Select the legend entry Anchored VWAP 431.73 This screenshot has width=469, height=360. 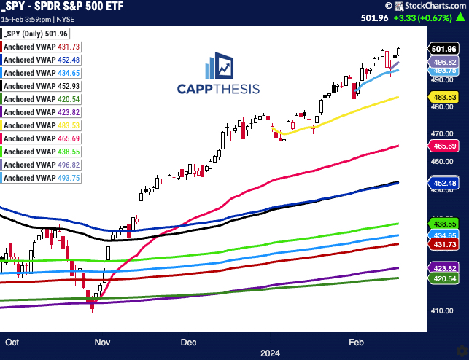point(42,47)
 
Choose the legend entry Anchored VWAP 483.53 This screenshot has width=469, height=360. point(42,125)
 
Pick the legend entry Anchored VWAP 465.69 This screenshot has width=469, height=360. point(42,138)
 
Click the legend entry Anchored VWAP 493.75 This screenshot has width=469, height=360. point(42,177)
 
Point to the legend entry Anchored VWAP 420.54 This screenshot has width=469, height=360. point(42,98)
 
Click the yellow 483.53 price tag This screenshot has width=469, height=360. point(444,97)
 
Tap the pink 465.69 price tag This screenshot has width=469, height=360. point(444,146)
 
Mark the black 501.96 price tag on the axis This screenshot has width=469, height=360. point(444,49)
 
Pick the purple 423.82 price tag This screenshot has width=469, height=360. point(444,267)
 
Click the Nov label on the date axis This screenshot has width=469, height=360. point(103,341)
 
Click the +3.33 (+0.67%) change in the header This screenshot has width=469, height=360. point(436,20)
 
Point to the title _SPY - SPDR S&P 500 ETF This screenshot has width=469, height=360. point(64,6)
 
